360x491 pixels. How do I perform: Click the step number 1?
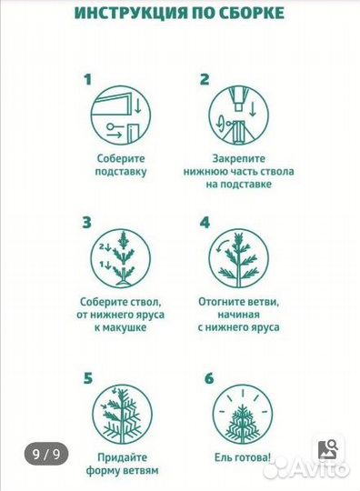[87, 79]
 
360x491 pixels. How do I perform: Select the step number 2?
[205, 79]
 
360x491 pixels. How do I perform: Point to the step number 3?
[86, 223]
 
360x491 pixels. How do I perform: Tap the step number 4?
[205, 223]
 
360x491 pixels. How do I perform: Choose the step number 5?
[88, 378]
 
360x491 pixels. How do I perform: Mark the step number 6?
[209, 378]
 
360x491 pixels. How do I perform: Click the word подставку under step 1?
[121, 172]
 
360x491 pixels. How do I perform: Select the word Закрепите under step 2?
[238, 158]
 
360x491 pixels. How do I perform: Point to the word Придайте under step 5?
[123, 457]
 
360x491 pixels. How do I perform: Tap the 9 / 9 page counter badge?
[46, 454]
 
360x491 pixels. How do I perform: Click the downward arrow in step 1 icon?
[138, 106]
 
